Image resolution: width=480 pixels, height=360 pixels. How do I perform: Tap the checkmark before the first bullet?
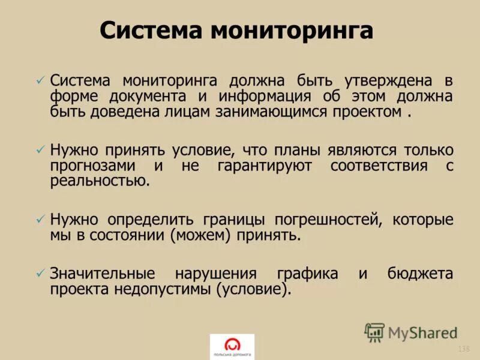[x=40, y=80]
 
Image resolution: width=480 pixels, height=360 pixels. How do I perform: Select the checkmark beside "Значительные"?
[x=40, y=273]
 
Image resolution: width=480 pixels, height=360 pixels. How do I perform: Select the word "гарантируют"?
[x=264, y=166]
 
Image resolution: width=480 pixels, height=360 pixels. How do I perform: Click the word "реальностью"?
[x=100, y=182]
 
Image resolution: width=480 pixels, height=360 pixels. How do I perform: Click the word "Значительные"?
[x=103, y=274]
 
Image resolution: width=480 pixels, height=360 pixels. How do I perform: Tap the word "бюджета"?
[x=419, y=274]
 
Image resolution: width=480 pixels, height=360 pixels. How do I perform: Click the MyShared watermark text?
[x=422, y=332]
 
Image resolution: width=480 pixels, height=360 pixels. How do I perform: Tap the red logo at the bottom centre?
[x=232, y=345]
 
